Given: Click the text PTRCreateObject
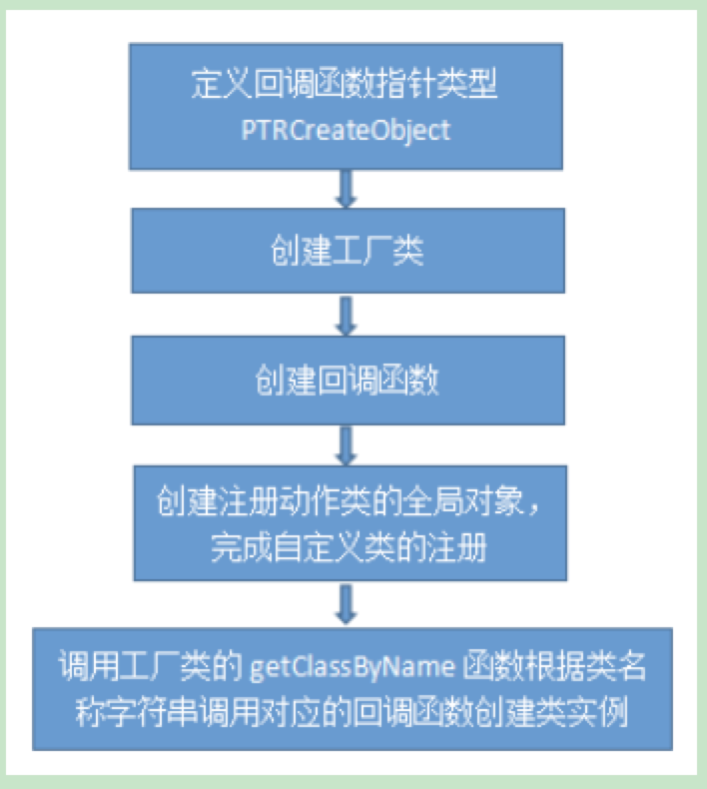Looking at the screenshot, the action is tap(346, 130).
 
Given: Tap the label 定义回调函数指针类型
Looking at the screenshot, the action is tap(346, 86).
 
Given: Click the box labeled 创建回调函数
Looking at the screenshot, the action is tap(346, 381).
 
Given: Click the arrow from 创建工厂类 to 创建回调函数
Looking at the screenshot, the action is tap(346, 316).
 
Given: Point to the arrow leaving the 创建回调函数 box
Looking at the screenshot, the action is tap(346, 444).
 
